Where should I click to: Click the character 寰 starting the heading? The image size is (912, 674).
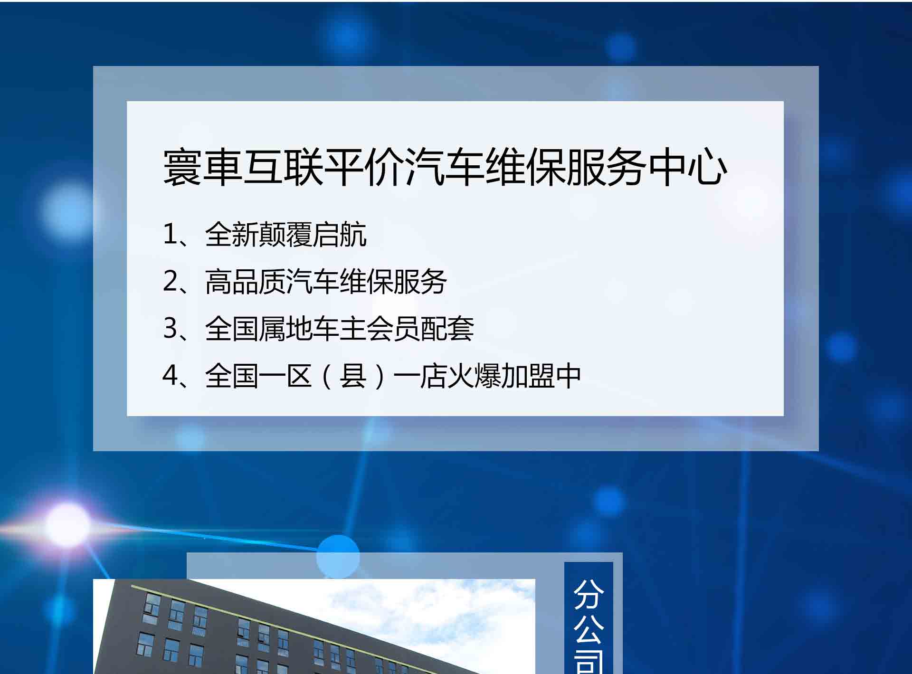click(x=182, y=167)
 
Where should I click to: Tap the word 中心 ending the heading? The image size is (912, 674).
click(x=688, y=167)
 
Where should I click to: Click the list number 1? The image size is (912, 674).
click(x=169, y=234)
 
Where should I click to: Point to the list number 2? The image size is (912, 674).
click(x=170, y=281)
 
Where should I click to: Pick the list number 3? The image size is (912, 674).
click(x=170, y=328)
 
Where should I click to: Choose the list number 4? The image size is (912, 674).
click(x=170, y=375)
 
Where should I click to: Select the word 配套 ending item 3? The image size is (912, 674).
click(x=447, y=328)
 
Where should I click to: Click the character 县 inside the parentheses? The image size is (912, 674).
click(x=353, y=375)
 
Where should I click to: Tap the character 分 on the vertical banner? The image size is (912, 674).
click(x=589, y=594)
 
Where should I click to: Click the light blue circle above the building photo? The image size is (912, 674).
click(x=338, y=557)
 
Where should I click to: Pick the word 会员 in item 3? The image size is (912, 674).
click(x=393, y=328)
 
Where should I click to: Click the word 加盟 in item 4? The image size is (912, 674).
click(x=528, y=375)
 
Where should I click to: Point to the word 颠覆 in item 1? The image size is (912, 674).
click(x=286, y=234)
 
